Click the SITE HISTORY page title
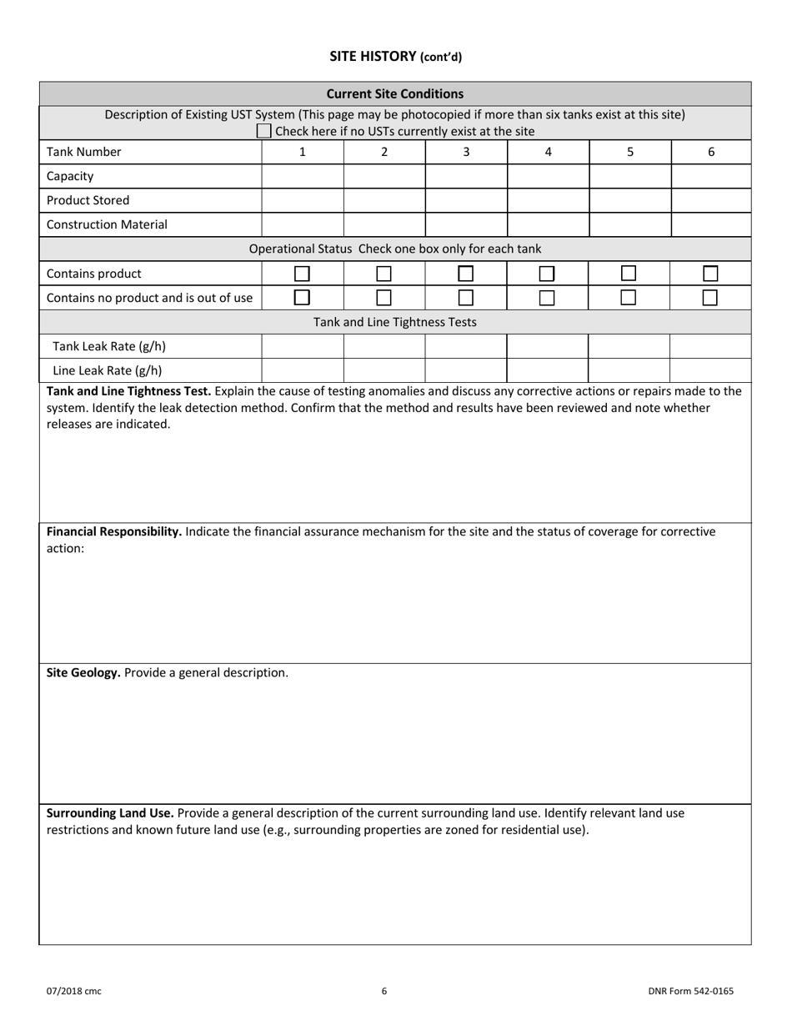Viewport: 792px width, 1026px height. [x=395, y=57]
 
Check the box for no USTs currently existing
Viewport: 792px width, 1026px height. [x=263, y=131]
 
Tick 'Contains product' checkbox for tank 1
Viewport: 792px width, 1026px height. [x=302, y=274]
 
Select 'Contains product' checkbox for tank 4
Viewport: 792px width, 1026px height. [x=547, y=274]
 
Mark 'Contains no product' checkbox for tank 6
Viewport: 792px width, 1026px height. [x=710, y=298]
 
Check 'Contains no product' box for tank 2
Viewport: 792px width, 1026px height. [x=383, y=298]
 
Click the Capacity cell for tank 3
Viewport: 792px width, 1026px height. [x=466, y=176]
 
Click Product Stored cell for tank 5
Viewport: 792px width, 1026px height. [x=629, y=200]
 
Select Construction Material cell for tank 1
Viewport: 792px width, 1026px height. [x=303, y=224]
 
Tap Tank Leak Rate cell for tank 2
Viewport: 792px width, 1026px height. [x=384, y=346]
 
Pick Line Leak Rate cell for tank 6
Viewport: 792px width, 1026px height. [x=710, y=370]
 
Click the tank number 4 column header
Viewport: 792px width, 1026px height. [x=548, y=152]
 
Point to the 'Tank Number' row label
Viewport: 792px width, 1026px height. [x=84, y=152]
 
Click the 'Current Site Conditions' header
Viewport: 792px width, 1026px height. [x=394, y=93]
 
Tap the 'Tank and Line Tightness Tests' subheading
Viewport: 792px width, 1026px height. [x=395, y=322]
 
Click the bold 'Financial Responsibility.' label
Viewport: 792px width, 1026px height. [x=114, y=531]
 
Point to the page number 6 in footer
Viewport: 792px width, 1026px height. [x=384, y=991]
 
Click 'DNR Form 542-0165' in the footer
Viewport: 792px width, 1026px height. [x=690, y=991]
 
